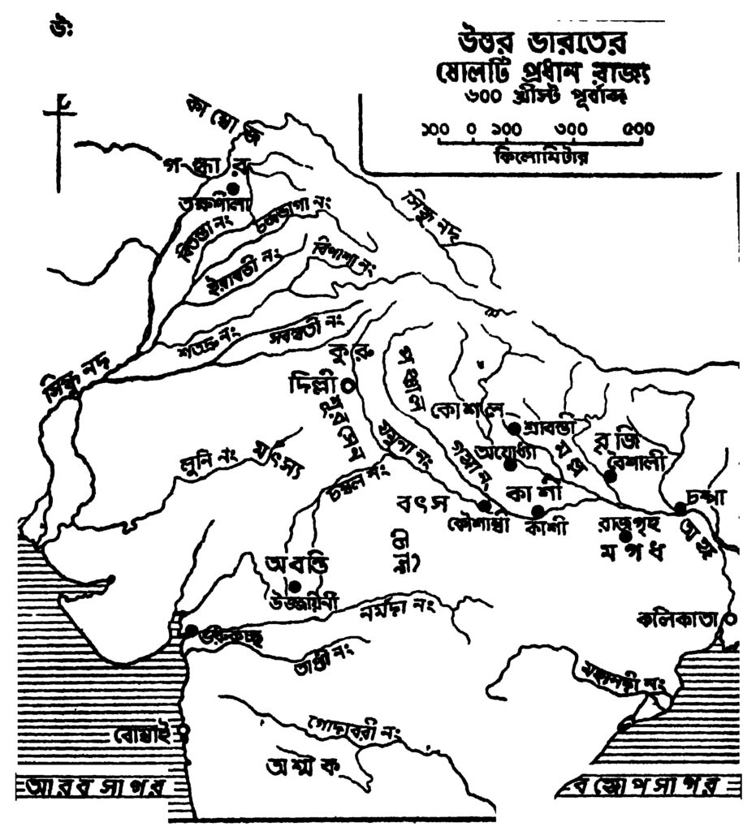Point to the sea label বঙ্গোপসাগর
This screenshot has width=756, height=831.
(642, 787)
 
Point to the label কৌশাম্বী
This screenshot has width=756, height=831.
(477, 523)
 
